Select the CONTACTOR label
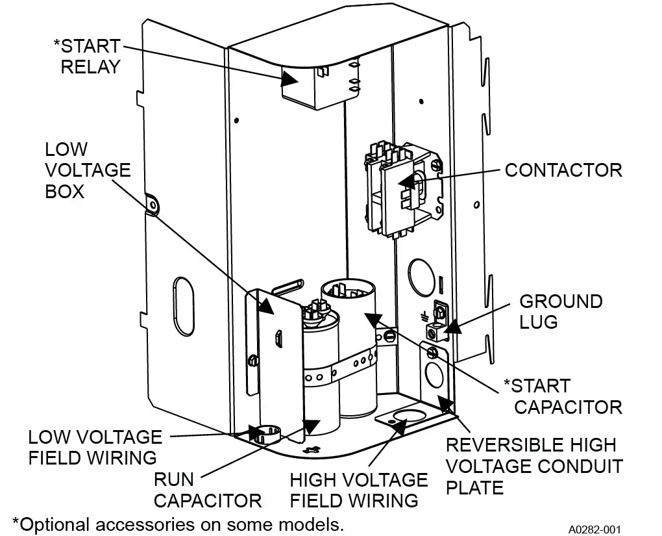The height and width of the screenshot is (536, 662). click(x=563, y=170)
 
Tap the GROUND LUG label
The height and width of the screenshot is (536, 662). click(x=561, y=311)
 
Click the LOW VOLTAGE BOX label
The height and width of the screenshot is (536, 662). click(x=87, y=170)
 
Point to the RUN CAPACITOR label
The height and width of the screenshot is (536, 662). click(x=207, y=490)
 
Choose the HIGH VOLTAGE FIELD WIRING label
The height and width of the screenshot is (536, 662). click(x=358, y=490)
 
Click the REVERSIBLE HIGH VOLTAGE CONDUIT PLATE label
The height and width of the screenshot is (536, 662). click(x=533, y=466)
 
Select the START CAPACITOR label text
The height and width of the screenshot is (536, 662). click(x=562, y=396)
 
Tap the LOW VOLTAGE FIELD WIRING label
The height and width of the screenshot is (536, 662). click(x=95, y=447)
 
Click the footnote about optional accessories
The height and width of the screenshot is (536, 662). click(x=177, y=524)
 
